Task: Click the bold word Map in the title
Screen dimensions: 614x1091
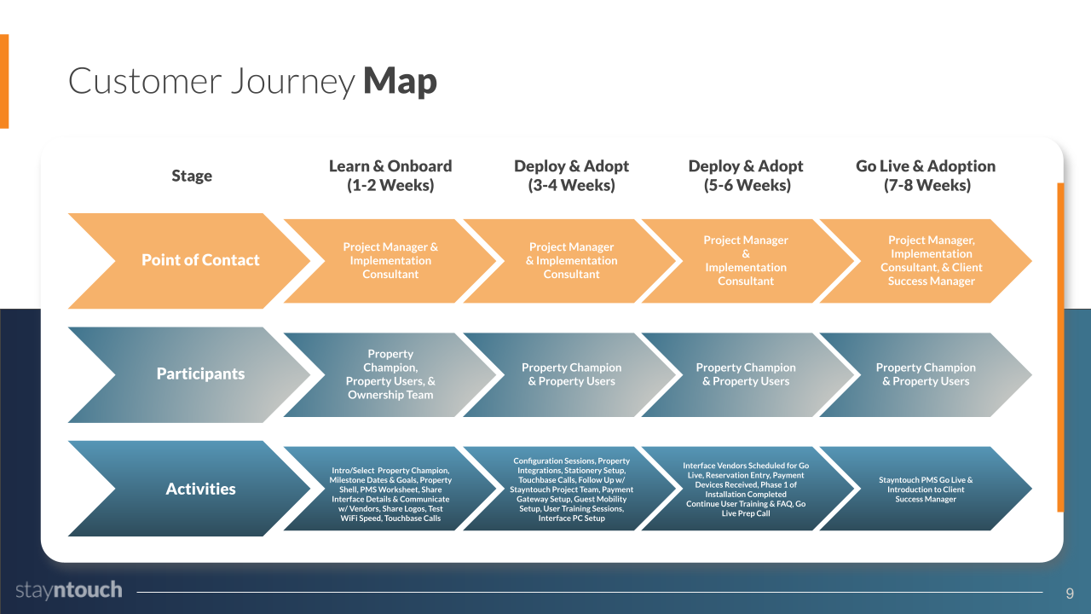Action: pos(400,81)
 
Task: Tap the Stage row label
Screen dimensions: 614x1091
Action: pos(192,176)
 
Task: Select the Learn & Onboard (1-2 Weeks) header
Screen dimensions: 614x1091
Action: pos(390,176)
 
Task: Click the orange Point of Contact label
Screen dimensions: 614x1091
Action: pos(199,260)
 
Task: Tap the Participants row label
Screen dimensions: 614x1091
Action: pos(200,374)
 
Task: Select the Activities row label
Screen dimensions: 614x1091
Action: pos(200,489)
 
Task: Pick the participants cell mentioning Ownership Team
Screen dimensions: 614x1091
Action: pos(390,374)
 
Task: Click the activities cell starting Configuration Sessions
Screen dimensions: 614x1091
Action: pos(571,489)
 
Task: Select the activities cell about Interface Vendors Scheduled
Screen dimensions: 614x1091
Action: pos(746,489)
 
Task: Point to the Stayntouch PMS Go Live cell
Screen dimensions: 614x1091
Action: pos(926,489)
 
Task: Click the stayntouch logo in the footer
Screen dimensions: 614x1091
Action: pos(69,590)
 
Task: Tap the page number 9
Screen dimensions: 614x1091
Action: pos(1070,593)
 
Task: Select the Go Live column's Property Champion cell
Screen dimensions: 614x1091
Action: pos(926,374)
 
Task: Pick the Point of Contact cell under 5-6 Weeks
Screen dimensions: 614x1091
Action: pos(746,261)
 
